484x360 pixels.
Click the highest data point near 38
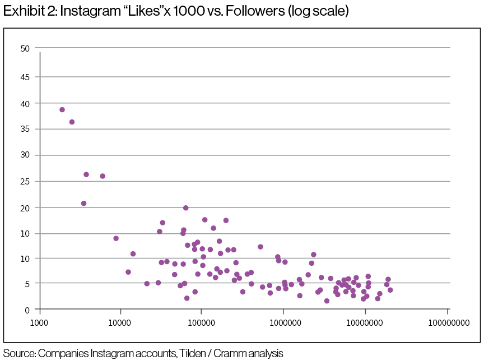62,110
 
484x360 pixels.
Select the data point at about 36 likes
72,122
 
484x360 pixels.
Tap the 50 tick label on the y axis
25,48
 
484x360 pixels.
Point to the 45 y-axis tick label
25,77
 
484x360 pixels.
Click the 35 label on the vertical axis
25,129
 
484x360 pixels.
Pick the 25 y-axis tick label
25,181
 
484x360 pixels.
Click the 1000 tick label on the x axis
39,324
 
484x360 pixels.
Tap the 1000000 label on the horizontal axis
283,324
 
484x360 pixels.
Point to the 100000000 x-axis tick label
448,324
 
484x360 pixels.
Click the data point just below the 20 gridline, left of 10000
83,204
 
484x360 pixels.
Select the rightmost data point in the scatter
390,290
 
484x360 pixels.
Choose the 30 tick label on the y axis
25,155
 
